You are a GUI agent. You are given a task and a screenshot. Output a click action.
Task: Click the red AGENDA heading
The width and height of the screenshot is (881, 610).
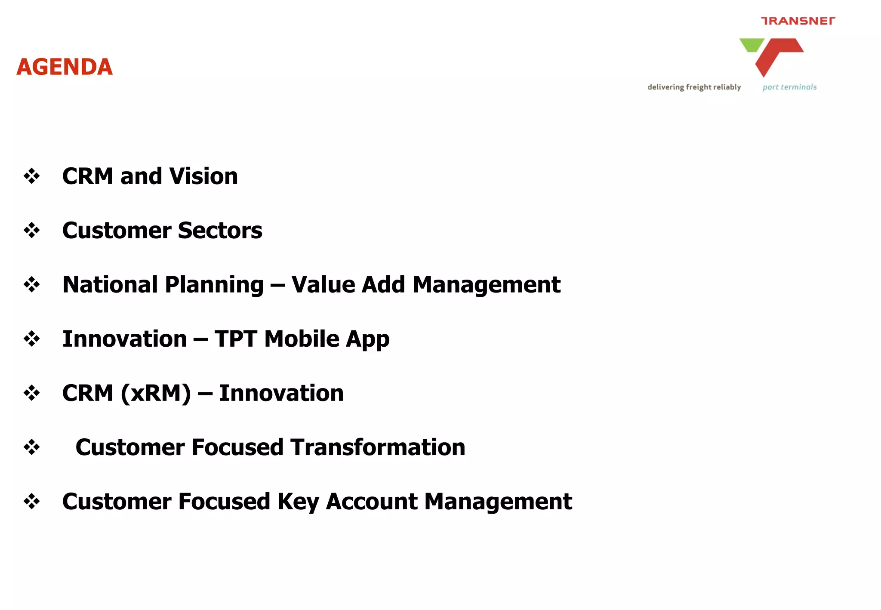tap(65, 67)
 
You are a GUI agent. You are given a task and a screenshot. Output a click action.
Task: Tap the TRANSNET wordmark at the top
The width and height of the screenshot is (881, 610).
tap(798, 21)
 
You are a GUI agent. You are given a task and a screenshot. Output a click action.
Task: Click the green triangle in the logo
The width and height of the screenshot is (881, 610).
tap(751, 44)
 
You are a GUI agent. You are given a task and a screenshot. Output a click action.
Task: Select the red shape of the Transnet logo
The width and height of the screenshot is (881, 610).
tap(778, 53)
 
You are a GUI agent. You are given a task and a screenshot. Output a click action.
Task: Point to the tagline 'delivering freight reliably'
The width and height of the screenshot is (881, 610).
tap(694, 87)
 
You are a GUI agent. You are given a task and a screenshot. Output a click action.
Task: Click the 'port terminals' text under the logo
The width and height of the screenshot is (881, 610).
tap(789, 87)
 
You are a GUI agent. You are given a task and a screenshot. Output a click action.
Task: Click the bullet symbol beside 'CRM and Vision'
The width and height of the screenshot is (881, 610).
tap(32, 176)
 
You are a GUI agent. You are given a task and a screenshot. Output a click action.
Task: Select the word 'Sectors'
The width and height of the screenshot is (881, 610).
tap(220, 231)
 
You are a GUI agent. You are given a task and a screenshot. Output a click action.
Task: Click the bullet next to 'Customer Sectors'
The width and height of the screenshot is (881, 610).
tap(32, 231)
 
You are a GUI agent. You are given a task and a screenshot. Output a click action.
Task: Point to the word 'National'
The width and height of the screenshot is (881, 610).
tap(110, 285)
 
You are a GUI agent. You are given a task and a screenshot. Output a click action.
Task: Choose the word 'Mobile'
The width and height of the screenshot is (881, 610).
tap(302, 339)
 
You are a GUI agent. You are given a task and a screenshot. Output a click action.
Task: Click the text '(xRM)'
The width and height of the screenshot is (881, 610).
tap(156, 393)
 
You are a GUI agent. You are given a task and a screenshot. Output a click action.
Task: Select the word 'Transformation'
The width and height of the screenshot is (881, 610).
tap(378, 447)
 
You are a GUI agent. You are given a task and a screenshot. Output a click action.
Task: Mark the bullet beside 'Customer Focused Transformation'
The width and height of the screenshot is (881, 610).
tap(32, 447)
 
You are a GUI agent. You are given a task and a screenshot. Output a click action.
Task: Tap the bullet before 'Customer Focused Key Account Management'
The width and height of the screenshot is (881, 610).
tap(32, 502)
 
